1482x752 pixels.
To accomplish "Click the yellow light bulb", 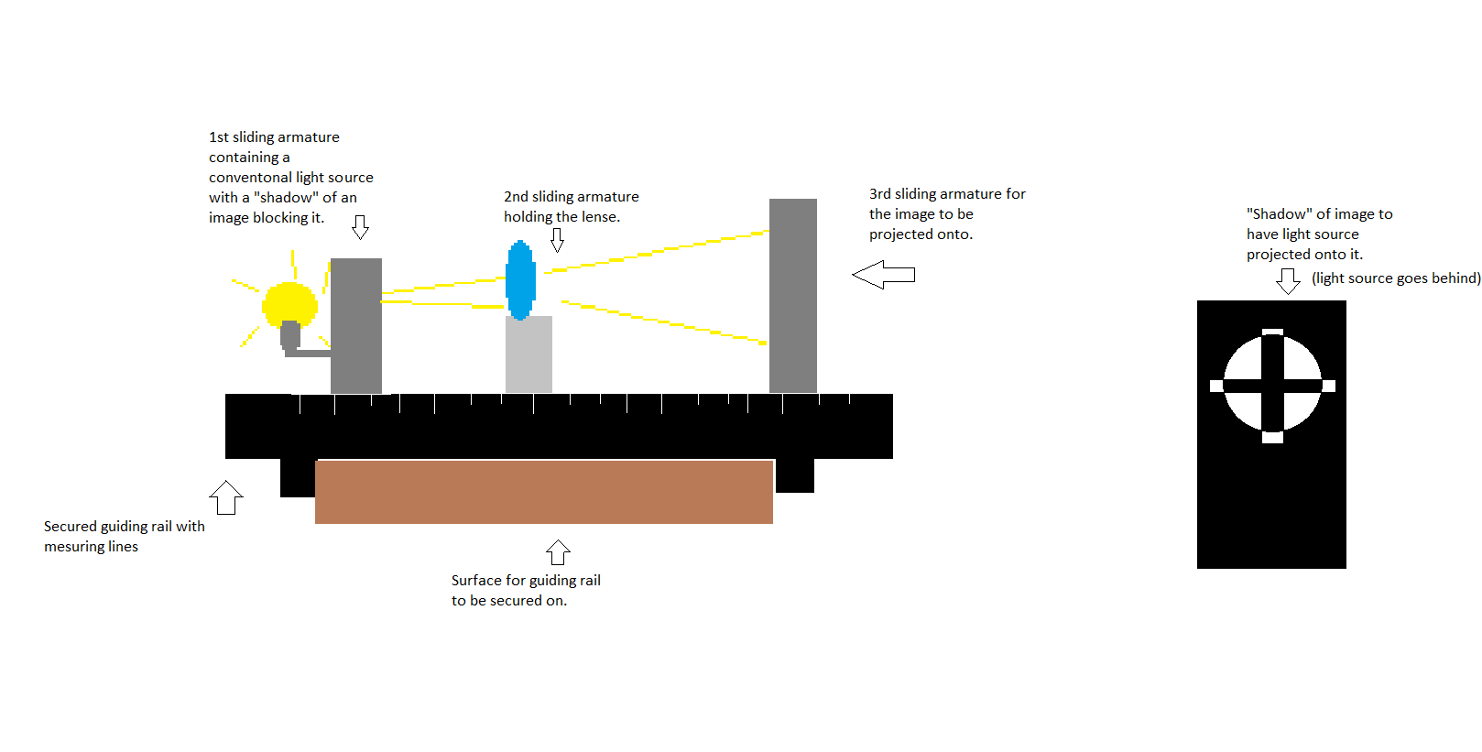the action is click(289, 304).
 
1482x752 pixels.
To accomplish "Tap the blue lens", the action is click(520, 279).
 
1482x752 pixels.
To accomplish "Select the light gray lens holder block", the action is click(529, 354).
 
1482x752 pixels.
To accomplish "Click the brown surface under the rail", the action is click(544, 492).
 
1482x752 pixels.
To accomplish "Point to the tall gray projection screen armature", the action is click(792, 296).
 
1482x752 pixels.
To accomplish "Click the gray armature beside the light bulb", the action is click(356, 325).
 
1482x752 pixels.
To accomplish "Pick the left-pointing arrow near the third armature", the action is click(883, 275).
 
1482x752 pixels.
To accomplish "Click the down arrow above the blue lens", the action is click(557, 240).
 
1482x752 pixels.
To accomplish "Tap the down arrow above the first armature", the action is click(360, 227).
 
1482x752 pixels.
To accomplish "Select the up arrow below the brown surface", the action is click(558, 552).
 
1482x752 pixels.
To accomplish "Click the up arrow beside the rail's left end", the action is click(226, 497).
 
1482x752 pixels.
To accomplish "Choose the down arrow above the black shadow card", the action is click(1288, 281).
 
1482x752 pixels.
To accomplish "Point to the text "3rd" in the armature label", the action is click(879, 194).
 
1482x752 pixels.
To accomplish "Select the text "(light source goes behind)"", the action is click(1396, 278).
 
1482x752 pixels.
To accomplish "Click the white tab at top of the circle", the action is click(1272, 332).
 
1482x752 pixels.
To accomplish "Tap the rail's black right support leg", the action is click(795, 475).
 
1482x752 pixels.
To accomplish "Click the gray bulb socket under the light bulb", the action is click(290, 335).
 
